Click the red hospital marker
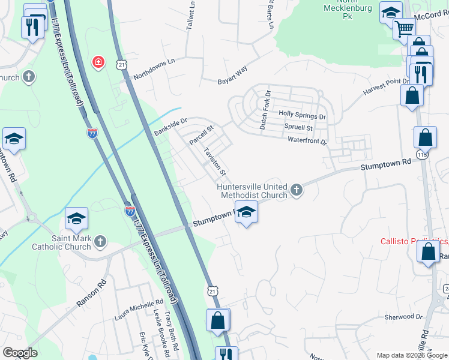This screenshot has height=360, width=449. click(x=98, y=62)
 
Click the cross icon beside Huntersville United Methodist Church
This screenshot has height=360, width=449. click(x=296, y=191)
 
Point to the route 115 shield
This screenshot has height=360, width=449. click(x=424, y=155)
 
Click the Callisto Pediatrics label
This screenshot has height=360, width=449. click(x=414, y=242)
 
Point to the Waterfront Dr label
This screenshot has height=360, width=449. click(x=306, y=142)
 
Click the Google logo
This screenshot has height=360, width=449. click(x=19, y=353)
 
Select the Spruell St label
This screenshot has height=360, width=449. click(x=299, y=128)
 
